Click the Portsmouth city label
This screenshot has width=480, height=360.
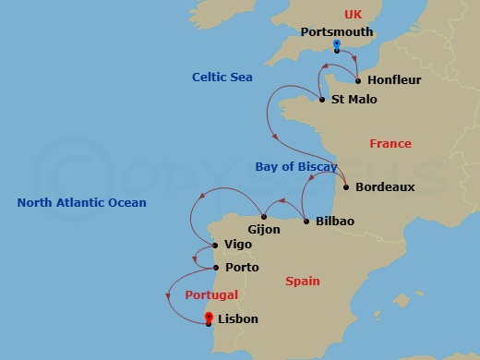pyautogui.click(x=337, y=31)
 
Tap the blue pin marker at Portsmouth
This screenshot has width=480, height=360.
pyautogui.click(x=337, y=44)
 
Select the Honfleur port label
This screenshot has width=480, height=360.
pyautogui.click(x=394, y=80)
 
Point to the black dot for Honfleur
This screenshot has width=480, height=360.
pyautogui.click(x=358, y=80)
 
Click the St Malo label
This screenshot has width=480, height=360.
pyautogui.click(x=354, y=100)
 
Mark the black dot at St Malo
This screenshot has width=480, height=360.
pyautogui.click(x=321, y=100)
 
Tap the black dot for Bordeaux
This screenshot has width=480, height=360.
pyautogui.click(x=346, y=187)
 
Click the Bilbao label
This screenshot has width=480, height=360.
pyautogui.click(x=335, y=222)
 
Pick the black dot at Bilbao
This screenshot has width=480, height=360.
pyautogui.click(x=306, y=222)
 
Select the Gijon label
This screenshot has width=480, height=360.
pyautogui.click(x=264, y=229)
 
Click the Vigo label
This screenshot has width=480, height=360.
pyautogui.click(x=235, y=246)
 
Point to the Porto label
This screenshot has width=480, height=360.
pyautogui.click(x=242, y=268)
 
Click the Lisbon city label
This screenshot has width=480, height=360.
pyautogui.click(x=238, y=319)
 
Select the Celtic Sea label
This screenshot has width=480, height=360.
pyautogui.click(x=222, y=78)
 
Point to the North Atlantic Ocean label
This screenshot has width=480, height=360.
pyautogui.click(x=81, y=203)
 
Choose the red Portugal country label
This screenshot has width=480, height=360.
pyautogui.click(x=211, y=295)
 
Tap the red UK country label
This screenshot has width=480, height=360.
pyautogui.click(x=353, y=14)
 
